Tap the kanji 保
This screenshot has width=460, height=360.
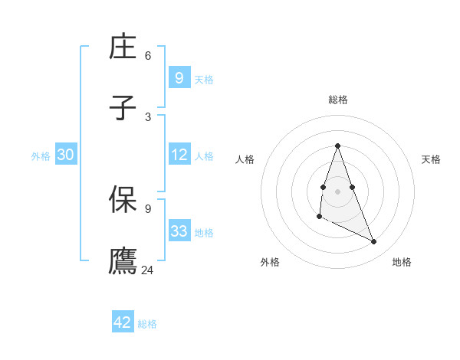coord(123,199)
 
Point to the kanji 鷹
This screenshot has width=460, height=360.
coord(123,260)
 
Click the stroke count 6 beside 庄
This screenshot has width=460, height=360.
coord(148,55)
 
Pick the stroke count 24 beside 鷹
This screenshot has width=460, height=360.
coord(148,270)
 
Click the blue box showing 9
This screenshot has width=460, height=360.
coord(179,77)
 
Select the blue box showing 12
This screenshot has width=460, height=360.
coord(179,155)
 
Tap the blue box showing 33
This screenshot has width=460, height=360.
coord(179,231)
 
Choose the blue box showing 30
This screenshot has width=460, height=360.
coord(66,155)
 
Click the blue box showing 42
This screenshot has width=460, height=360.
coord(123,322)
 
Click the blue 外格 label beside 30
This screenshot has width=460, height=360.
coord(41,156)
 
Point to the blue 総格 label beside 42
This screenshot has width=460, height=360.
coord(147,324)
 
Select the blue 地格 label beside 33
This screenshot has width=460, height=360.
coord(204,233)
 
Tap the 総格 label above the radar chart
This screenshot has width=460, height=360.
coord(338,100)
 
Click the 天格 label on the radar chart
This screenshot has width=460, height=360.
coord(431,159)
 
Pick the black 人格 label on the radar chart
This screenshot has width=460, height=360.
coord(245,159)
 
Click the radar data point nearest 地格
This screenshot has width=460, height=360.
coord(374,242)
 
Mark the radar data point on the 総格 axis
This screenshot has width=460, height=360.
coord(338,146)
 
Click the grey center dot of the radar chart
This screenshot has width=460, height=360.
coord(338,191)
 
